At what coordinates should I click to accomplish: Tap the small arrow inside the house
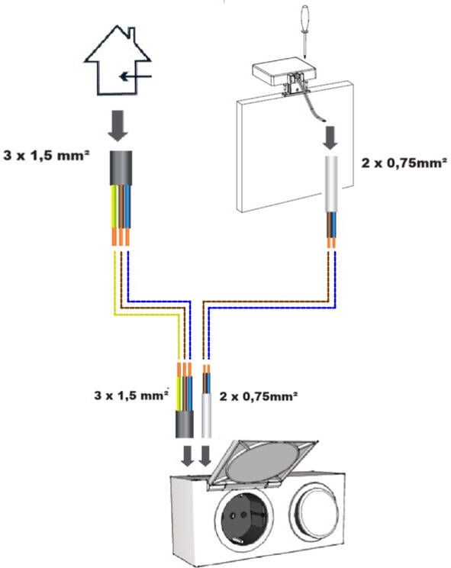[x=135, y=76]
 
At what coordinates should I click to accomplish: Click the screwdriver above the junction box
[x=304, y=31]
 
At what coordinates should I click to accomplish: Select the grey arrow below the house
[x=118, y=125]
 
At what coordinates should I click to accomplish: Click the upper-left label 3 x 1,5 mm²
[x=47, y=156]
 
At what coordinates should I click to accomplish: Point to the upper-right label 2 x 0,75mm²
[x=404, y=163]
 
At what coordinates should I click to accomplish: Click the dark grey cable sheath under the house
[x=121, y=168]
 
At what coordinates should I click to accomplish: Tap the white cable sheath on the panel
[x=331, y=184]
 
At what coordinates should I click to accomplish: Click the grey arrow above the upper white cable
[x=330, y=137]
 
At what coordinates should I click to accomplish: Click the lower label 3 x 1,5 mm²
[x=131, y=395]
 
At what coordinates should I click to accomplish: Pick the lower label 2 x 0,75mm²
[x=259, y=396]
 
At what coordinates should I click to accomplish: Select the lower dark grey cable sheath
[x=184, y=424]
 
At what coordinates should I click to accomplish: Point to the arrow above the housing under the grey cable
[x=188, y=456]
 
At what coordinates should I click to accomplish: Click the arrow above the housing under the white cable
[x=205, y=456]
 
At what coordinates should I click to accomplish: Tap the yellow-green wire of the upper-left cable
[x=114, y=206]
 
